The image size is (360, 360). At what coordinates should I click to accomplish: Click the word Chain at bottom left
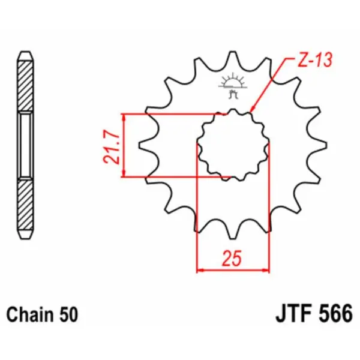pos(29,314)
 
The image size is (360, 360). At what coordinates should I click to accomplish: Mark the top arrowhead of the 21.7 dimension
pos(124,116)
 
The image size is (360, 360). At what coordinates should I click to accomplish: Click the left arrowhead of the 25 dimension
pos(201,271)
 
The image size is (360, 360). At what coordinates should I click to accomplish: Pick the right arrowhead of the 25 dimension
pos(265,271)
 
